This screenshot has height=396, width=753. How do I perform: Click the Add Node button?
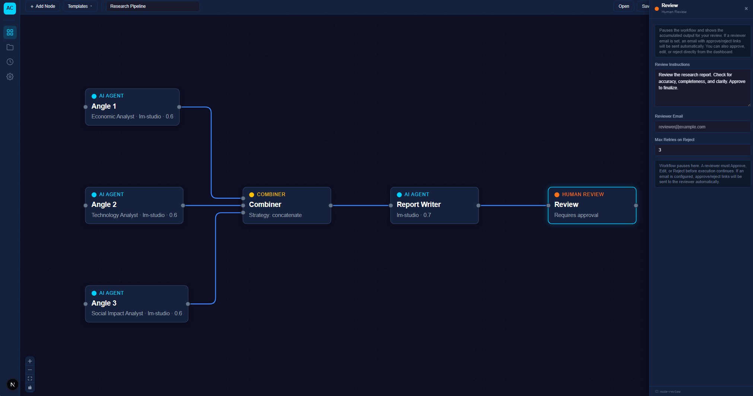point(43,6)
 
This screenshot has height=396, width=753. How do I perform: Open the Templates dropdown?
point(80,6)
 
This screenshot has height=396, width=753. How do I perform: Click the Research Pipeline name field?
point(153,6)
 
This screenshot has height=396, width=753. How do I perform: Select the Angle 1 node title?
point(104,106)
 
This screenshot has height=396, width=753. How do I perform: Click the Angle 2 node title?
point(104,204)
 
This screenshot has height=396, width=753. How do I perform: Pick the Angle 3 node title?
point(104,303)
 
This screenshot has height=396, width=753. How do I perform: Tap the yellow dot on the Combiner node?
point(252,195)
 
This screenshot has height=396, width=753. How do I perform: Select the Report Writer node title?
point(418,204)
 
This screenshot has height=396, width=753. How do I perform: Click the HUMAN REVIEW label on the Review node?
point(583,194)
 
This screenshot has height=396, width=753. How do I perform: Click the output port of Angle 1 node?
point(179,107)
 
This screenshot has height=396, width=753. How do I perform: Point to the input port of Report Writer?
point(390,205)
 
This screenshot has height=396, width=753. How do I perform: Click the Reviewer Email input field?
point(702,127)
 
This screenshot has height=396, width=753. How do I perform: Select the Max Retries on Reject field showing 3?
point(702,150)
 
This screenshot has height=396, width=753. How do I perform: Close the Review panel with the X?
point(746,9)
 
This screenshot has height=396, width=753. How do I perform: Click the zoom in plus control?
point(30,361)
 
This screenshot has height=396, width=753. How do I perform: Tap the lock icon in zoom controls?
point(30,387)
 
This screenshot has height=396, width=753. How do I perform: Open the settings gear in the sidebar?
point(10,76)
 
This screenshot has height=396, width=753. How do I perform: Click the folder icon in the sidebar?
point(10,47)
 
